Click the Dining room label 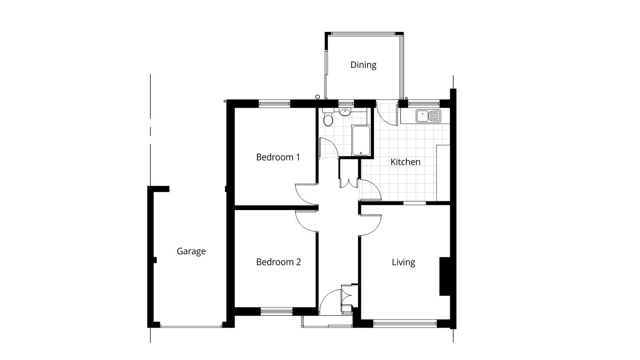pyautogui.click(x=363, y=65)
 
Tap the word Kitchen pyautogui.click(x=405, y=162)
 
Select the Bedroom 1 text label pyautogui.click(x=278, y=157)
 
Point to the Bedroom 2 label pyautogui.click(x=278, y=262)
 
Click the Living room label pyautogui.click(x=403, y=262)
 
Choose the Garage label pyautogui.click(x=191, y=251)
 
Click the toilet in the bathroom pyautogui.click(x=328, y=119)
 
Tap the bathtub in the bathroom pyautogui.click(x=361, y=140)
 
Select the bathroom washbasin pyautogui.click(x=345, y=112)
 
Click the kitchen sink pyautogui.click(x=428, y=116)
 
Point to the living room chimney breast pyautogui.click(x=445, y=277)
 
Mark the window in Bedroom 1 pyautogui.click(x=275, y=103)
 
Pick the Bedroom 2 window pyautogui.click(x=276, y=312)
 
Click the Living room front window pyautogui.click(x=404, y=324)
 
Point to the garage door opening pyautogui.click(x=191, y=325)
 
